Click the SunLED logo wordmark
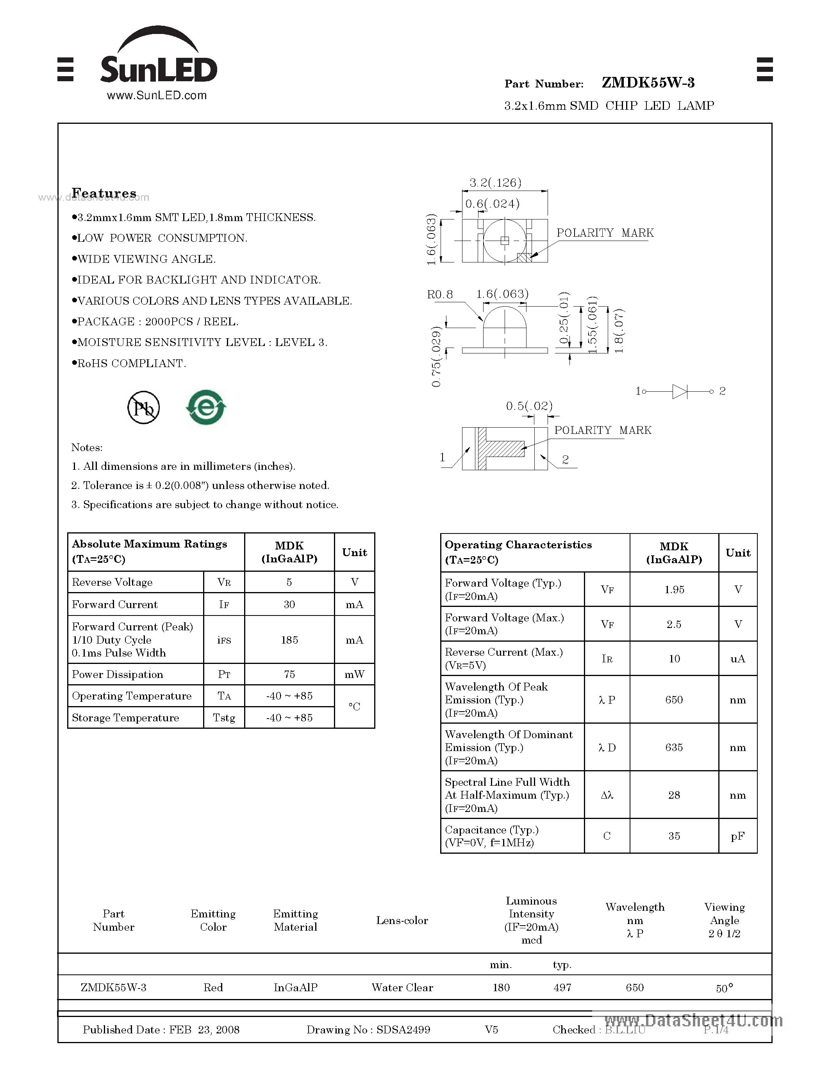tap(158, 70)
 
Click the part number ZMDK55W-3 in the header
tap(648, 83)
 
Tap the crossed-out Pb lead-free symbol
tap(144, 408)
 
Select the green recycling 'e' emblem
tap(206, 407)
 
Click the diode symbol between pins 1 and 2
tap(680, 391)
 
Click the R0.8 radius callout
tap(439, 294)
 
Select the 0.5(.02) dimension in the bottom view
tap(529, 406)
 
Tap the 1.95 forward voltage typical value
tap(674, 590)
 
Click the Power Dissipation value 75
tap(289, 674)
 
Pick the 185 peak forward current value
tap(289, 640)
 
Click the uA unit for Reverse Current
tap(737, 659)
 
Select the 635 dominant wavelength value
tap(674, 748)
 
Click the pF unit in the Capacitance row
tap(737, 836)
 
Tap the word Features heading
tap(104, 193)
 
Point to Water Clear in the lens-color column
tap(402, 987)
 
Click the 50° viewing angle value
tap(724, 988)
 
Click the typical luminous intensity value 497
tap(562, 987)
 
